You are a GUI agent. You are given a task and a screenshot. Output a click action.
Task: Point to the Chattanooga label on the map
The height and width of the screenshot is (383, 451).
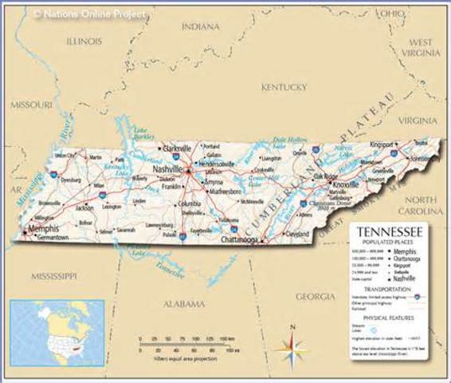(241, 239)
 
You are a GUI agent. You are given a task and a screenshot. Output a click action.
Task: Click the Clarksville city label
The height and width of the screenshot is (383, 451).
(176, 148)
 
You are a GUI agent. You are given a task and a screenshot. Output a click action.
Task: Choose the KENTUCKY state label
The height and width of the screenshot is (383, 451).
(284, 86)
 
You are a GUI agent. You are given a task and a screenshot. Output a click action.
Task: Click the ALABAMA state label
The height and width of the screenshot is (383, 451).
(184, 304)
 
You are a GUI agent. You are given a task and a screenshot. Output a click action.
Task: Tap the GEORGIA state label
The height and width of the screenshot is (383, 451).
(316, 296)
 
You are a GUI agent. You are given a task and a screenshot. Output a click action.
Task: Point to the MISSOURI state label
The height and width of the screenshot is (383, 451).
(31, 105)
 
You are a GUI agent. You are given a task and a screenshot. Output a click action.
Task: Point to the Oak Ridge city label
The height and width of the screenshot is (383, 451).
(326, 176)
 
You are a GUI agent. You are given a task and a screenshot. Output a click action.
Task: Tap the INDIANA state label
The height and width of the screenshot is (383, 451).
(200, 26)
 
